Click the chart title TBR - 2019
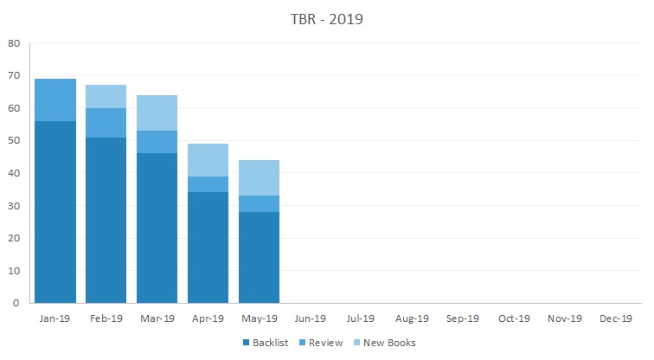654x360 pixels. click(326, 19)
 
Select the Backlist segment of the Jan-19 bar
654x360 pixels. click(55, 212)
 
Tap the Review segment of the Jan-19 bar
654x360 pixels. click(55, 100)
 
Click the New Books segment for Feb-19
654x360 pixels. click(106, 96)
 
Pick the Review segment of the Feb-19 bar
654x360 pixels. click(106, 123)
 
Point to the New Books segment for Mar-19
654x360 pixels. click(157, 112)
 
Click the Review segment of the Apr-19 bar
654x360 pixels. click(208, 184)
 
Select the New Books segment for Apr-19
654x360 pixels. click(208, 160)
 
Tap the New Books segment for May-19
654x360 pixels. click(259, 178)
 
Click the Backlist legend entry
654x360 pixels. click(265, 343)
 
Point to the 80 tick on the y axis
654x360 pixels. click(14, 42)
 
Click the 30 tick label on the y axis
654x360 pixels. click(14, 205)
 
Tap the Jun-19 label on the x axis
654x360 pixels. click(310, 318)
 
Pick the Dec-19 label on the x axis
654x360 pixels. click(615, 318)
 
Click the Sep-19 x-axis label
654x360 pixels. click(462, 318)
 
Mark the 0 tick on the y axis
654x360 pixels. click(17, 303)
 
